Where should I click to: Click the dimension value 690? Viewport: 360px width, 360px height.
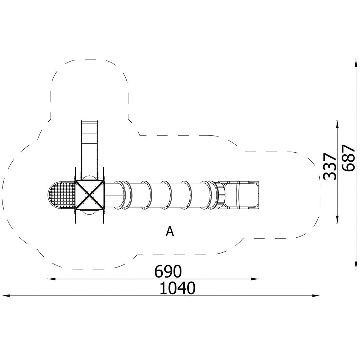[168, 271]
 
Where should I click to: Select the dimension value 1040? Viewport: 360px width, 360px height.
[177, 288]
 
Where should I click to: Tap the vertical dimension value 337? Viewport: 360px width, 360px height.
[329, 166]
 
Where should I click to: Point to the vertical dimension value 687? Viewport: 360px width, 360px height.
[348, 158]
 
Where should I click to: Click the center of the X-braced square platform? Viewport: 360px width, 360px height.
[90, 195]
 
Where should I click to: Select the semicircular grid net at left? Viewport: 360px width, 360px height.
[62, 195]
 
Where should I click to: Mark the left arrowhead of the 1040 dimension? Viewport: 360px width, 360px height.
[5, 296]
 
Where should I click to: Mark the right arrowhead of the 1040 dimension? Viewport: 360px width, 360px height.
[316, 296]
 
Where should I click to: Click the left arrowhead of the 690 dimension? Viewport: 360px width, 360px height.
[51, 279]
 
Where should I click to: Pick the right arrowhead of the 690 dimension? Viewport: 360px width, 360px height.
[255, 279]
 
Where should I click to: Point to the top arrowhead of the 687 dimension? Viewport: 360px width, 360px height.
[356, 63]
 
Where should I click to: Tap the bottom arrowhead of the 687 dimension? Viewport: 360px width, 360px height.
[356, 265]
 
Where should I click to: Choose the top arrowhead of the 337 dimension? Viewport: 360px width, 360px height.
[337, 125]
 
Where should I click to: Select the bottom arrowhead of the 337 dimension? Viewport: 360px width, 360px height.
[337, 219]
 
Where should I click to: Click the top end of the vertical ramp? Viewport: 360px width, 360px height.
[90, 121]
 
